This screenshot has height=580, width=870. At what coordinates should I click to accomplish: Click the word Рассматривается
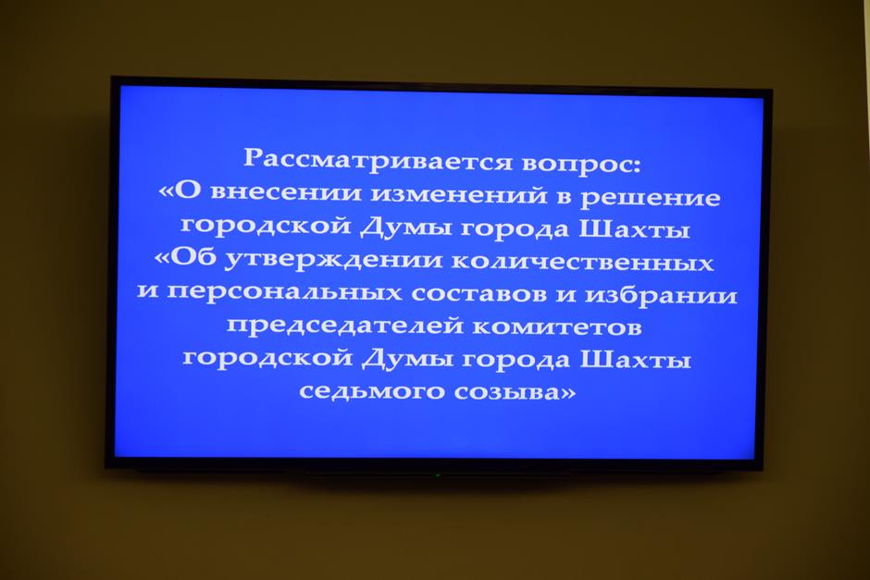[x=378, y=160]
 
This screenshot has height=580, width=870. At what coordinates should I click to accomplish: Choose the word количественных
[x=582, y=262]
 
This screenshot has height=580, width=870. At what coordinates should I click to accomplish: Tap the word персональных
[x=283, y=291]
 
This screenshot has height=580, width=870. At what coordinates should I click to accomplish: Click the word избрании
[x=661, y=294]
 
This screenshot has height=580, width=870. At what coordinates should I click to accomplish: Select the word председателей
[x=344, y=325]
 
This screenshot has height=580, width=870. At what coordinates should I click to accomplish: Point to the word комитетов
[x=556, y=327]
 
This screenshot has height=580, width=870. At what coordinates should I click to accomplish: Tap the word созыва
[x=506, y=391]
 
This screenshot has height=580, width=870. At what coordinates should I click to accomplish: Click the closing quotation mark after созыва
[x=567, y=393]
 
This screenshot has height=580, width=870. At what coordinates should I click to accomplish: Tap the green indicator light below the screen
[x=438, y=475]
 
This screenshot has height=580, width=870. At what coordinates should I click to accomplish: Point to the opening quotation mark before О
[x=167, y=191]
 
